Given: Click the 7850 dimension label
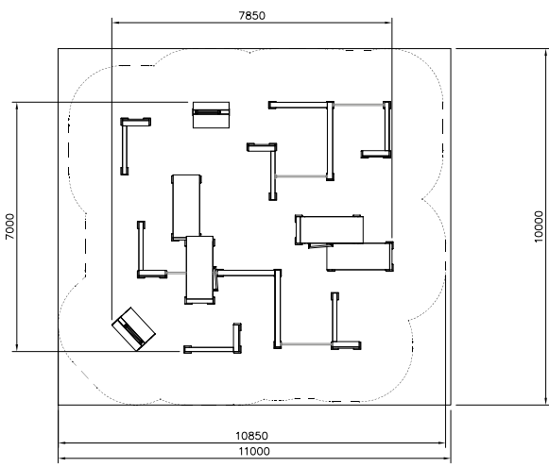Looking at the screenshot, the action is click(251, 16).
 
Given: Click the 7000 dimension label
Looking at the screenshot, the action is click(10, 226).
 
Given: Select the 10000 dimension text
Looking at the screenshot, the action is click(539, 226).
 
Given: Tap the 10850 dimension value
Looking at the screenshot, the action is click(251, 436).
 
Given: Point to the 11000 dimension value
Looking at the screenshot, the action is click(254, 451).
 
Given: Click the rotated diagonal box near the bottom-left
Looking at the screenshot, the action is click(133, 329).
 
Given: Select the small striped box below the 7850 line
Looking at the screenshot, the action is click(211, 115).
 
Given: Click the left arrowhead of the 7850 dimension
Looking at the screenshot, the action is click(116, 23).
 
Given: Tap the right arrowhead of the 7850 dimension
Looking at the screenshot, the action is click(388, 23).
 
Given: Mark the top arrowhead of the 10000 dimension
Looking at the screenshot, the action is click(546, 53).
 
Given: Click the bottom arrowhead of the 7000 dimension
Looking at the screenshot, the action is click(16, 347).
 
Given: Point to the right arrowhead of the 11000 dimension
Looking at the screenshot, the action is click(447, 459).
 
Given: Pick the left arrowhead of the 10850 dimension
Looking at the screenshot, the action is click(62, 442).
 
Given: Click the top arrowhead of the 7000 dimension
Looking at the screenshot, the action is click(16, 107).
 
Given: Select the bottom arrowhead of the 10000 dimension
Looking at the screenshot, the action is click(546, 401).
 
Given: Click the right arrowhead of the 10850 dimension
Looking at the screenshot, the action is click(441, 442).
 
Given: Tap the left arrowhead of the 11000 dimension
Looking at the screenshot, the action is click(62, 459).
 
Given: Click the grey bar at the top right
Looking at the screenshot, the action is click(358, 105).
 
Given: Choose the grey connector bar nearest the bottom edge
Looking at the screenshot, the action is click(306, 344).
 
